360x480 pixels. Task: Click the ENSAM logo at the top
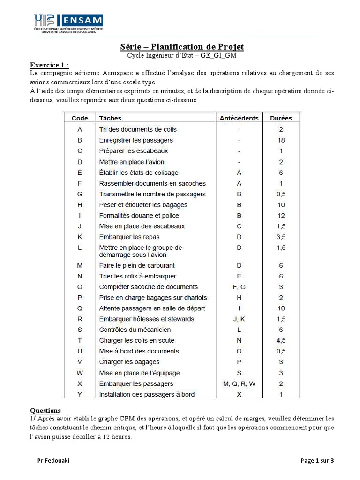[68, 23]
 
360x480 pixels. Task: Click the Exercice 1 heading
[49, 65]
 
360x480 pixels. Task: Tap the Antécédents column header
[239, 118]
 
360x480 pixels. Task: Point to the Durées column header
[281, 118]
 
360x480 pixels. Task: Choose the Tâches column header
[110, 118]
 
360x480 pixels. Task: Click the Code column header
[80, 118]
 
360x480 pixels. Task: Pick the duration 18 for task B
[281, 140]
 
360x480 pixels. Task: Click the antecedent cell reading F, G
[239, 287]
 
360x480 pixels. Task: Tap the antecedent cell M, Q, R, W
[239, 384]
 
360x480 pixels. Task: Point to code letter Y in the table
[80, 395]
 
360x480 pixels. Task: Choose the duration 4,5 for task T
[281, 340]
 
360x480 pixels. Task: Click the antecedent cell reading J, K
[239, 319]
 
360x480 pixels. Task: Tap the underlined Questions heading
[45, 410]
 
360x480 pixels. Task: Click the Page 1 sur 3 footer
[317, 461]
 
